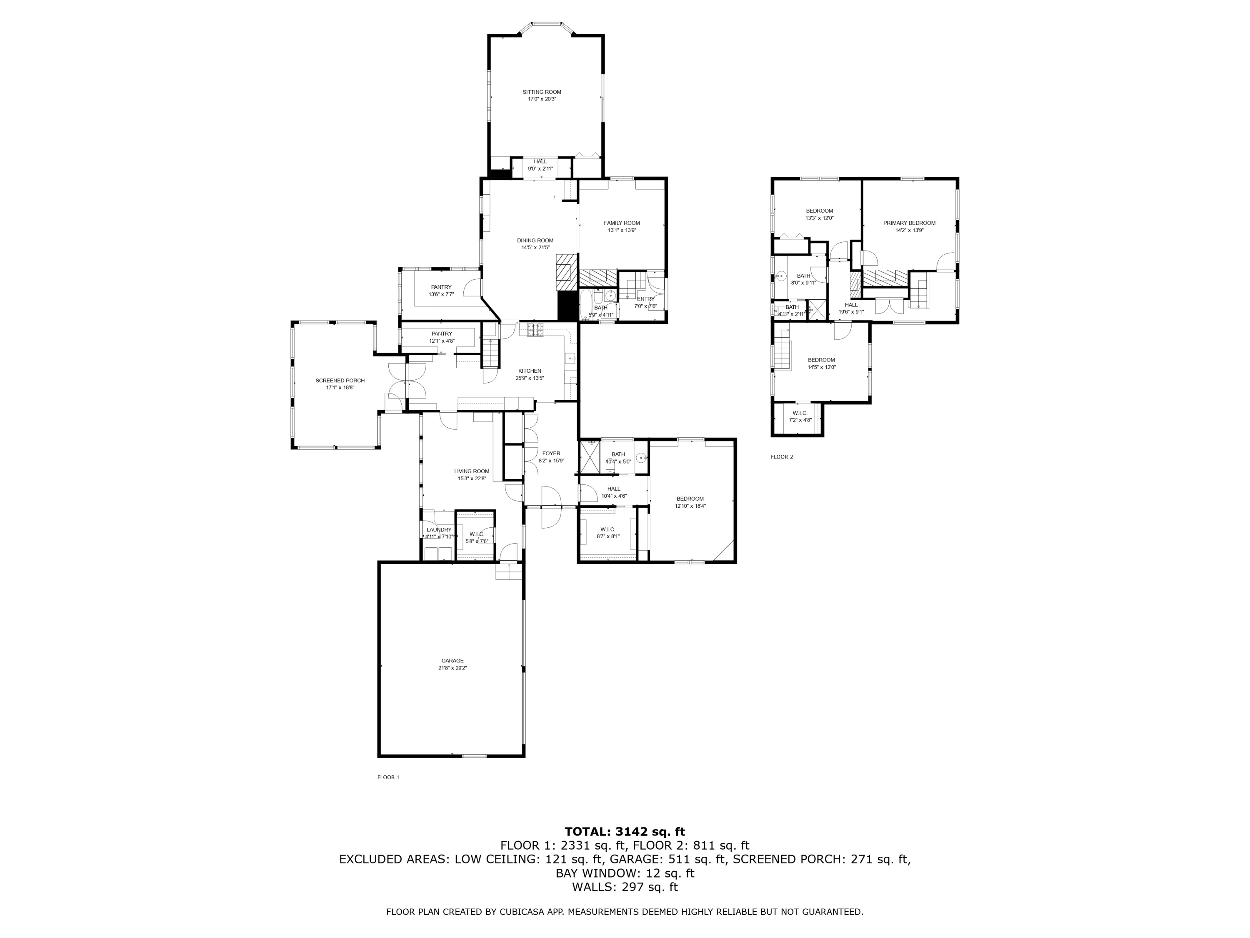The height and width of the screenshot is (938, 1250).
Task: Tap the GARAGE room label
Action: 452,660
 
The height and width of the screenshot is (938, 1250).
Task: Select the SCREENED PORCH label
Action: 340,381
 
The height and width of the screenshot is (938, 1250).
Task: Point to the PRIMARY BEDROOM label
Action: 909,223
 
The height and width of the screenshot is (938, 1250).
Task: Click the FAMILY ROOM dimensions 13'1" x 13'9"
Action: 622,230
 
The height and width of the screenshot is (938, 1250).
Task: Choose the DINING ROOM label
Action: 535,240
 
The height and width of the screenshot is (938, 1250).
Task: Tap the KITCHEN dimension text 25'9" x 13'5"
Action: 530,378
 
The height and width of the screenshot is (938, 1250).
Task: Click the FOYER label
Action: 551,454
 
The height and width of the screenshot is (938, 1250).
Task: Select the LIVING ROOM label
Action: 471,471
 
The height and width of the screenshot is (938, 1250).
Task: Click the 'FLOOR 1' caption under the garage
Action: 388,777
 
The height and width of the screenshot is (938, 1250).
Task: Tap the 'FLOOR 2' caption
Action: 782,457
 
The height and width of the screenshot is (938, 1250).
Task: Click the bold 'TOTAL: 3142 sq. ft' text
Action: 625,832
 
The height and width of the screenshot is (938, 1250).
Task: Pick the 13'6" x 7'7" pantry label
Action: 441,294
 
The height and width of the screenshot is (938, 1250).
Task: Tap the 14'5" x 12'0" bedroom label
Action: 821,367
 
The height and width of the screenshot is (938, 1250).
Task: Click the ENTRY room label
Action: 645,299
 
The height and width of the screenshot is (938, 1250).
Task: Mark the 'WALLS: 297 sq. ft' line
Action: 625,887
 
